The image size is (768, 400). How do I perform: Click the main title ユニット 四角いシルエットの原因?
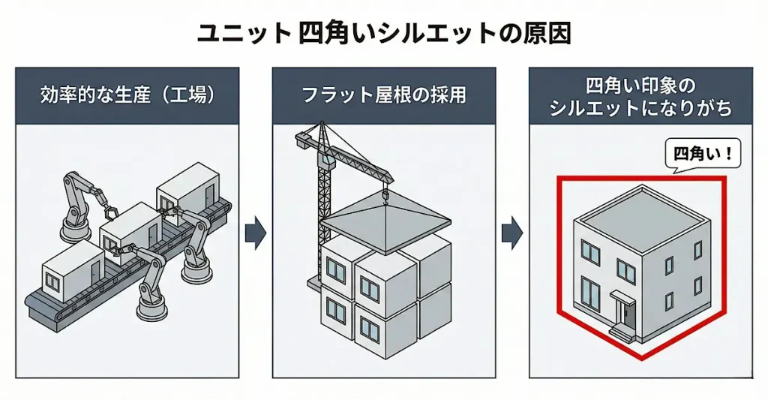pos(383,34)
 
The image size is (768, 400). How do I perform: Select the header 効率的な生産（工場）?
pos(127,96)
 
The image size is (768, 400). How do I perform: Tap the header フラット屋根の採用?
pos(383,96)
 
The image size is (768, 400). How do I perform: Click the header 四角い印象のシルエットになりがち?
pos(640,96)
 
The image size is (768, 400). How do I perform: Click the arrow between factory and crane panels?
pos(256,233)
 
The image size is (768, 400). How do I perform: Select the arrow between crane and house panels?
pos(511,233)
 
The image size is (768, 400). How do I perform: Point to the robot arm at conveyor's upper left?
pos(76,203)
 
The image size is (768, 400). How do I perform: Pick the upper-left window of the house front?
pos(590,253)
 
